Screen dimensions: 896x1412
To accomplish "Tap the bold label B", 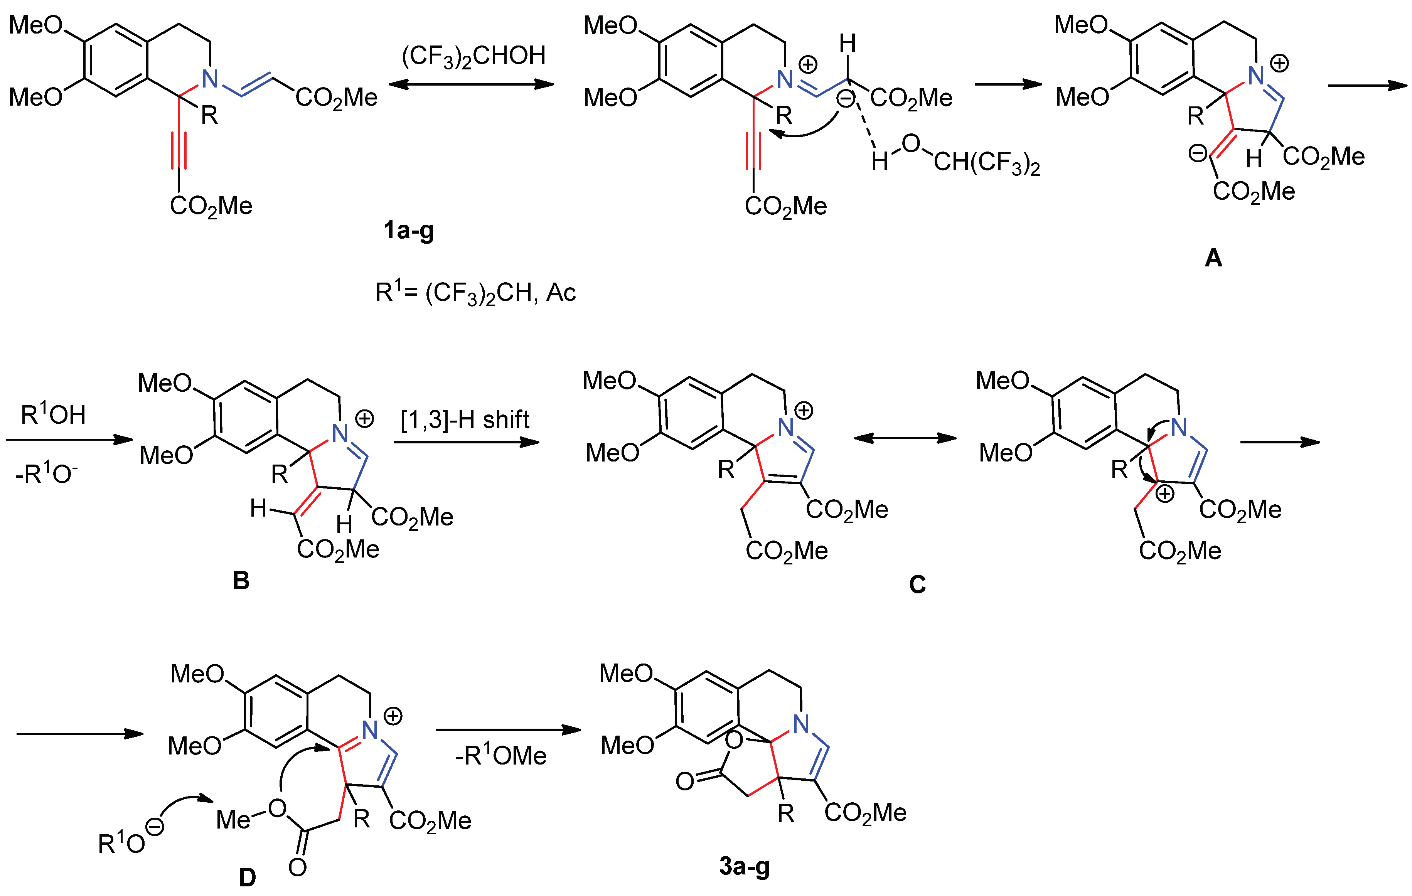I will (x=241, y=581).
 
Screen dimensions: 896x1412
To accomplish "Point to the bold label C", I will (x=917, y=584).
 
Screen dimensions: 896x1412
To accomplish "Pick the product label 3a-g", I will (x=744, y=866).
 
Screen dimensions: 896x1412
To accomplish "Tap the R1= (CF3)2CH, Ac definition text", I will (x=475, y=292).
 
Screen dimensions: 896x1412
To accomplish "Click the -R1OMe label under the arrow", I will (x=501, y=756).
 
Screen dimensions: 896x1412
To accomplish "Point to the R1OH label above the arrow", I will (x=53, y=414).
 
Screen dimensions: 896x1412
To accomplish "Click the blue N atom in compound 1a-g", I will (x=209, y=79).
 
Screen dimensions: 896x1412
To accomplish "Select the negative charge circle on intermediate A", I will (x=1197, y=153).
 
